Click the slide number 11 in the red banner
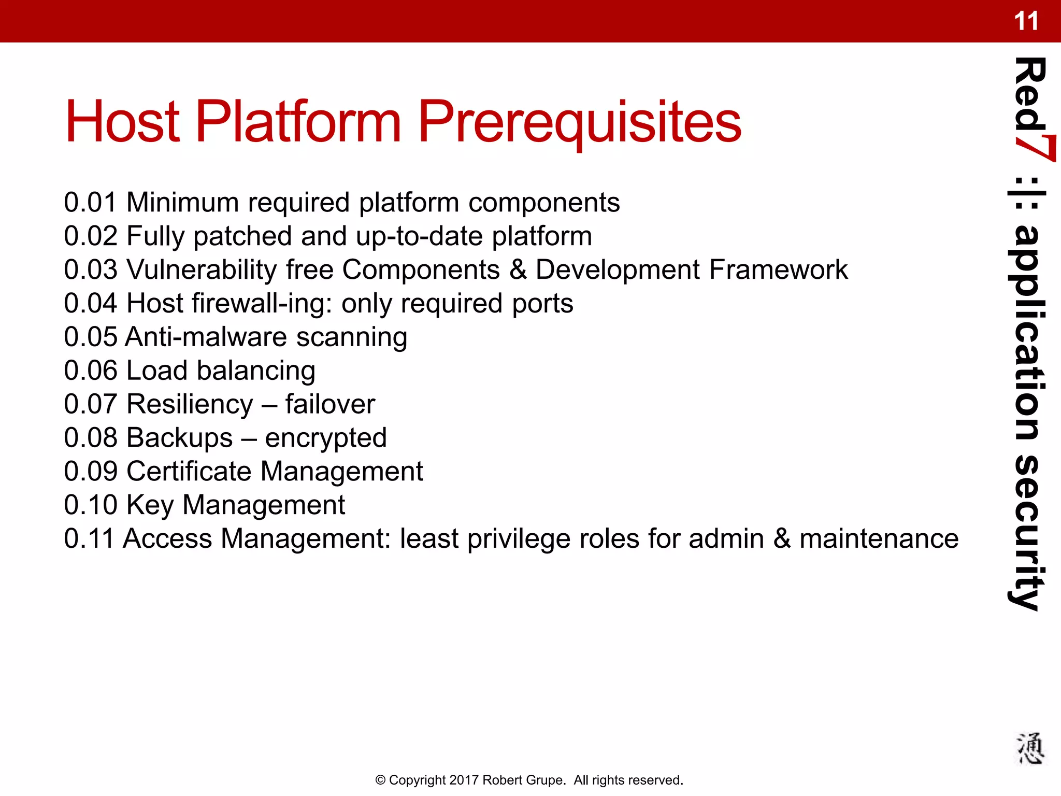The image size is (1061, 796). tap(1026, 22)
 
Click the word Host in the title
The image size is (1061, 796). tap(122, 122)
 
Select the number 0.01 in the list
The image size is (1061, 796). tap(90, 202)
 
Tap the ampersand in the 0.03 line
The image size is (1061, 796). tap(518, 270)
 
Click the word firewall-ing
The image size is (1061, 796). tap(262, 304)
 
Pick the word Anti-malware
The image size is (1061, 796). tap(206, 337)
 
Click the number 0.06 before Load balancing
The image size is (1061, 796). tap(90, 371)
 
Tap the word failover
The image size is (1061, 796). tap(329, 405)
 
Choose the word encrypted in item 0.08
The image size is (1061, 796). tap(326, 439)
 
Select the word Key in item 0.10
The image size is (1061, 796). tap(150, 506)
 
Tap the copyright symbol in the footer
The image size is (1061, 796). tap(380, 780)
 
